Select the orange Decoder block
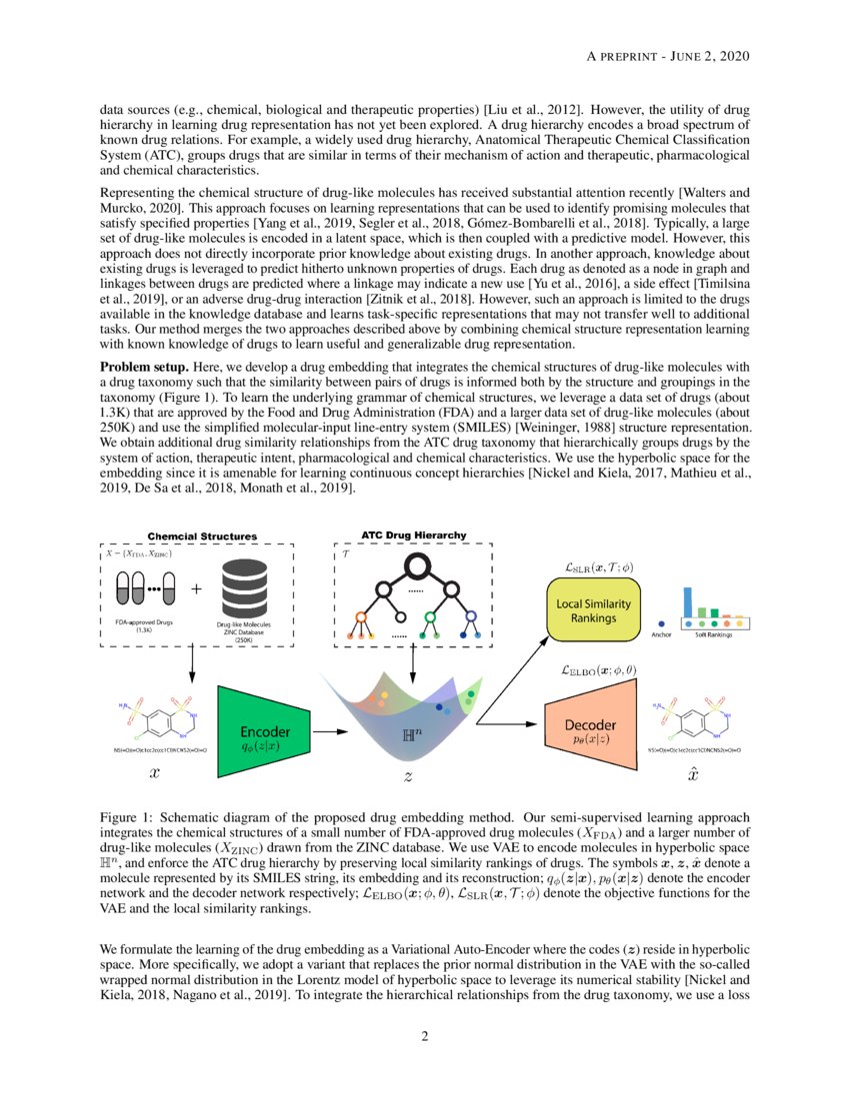point(591,731)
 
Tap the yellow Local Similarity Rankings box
point(592,611)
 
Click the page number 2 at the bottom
point(425,1035)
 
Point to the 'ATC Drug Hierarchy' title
point(413,536)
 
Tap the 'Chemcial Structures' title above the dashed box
point(202,537)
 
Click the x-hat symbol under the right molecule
point(693,773)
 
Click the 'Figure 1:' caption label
point(126,815)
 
